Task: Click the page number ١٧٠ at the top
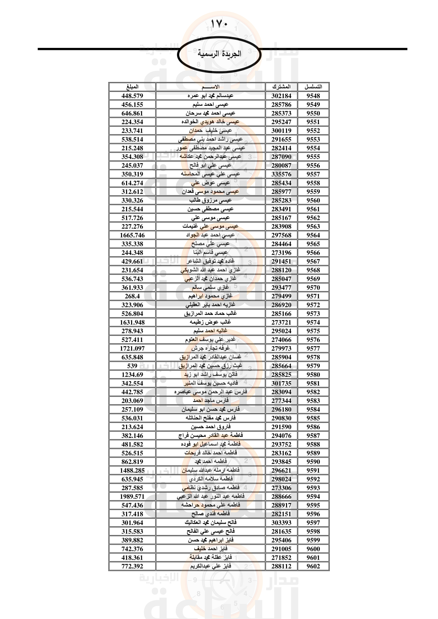tap(219, 24)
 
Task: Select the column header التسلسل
tap(313, 87)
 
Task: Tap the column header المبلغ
tap(132, 87)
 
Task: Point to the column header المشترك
tap(281, 87)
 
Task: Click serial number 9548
tap(313, 96)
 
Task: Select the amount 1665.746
tap(132, 235)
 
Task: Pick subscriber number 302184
tap(281, 96)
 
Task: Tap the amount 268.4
tap(132, 296)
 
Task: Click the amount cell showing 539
tap(132, 366)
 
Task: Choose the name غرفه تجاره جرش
tap(210, 348)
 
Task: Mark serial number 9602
tap(313, 566)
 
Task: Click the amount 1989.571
tap(132, 496)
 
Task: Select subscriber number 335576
tap(281, 174)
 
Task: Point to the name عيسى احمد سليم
tap(210, 104)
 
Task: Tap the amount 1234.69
tap(132, 374)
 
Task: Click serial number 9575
tap(313, 331)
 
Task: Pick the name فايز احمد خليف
tap(210, 549)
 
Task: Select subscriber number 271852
tap(281, 558)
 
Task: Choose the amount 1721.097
tap(132, 348)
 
